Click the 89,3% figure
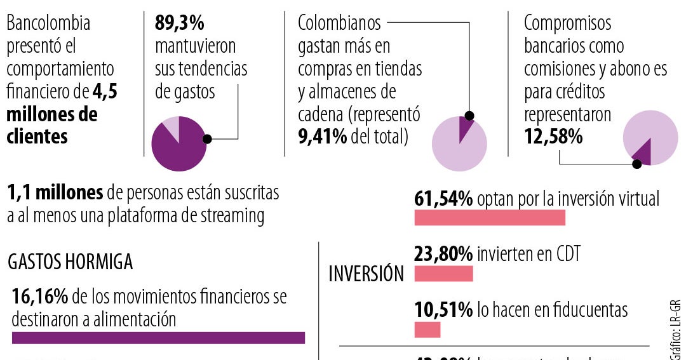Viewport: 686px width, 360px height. [180, 23]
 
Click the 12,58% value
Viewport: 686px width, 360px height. [553, 137]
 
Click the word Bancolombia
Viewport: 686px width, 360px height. [48, 23]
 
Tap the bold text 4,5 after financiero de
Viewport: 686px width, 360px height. [105, 92]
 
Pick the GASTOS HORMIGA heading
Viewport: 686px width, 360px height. [71, 262]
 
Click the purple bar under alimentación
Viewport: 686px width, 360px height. [158, 338]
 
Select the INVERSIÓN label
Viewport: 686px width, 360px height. [367, 274]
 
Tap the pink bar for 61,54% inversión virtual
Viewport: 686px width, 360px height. [490, 218]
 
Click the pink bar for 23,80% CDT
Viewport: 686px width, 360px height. [443, 274]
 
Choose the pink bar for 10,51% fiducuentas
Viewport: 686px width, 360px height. [427, 330]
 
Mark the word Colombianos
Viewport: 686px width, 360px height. [339, 23]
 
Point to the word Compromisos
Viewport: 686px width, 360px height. [567, 23]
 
